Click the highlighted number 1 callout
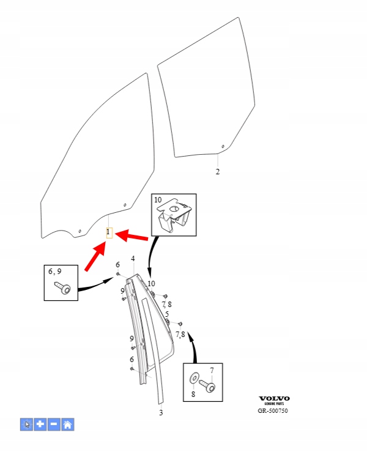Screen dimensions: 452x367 click(x=109, y=232)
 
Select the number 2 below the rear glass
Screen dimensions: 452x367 click(x=217, y=172)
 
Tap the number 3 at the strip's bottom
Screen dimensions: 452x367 click(x=161, y=413)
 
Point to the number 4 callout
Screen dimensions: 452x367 click(x=133, y=259)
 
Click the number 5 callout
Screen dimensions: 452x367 click(x=167, y=314)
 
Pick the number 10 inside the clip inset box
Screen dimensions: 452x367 click(x=157, y=201)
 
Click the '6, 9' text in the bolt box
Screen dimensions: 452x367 click(x=55, y=270)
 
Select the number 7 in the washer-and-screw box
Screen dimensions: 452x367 click(x=212, y=371)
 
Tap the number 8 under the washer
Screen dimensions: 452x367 click(x=194, y=395)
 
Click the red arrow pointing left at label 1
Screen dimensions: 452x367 click(x=132, y=235)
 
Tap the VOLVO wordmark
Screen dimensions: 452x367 click(x=274, y=398)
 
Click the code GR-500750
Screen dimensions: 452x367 click(x=273, y=411)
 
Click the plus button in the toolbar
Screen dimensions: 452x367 click(x=40, y=424)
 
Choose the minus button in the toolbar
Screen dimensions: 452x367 click(x=54, y=424)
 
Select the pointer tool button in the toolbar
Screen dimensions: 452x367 click(x=26, y=424)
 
